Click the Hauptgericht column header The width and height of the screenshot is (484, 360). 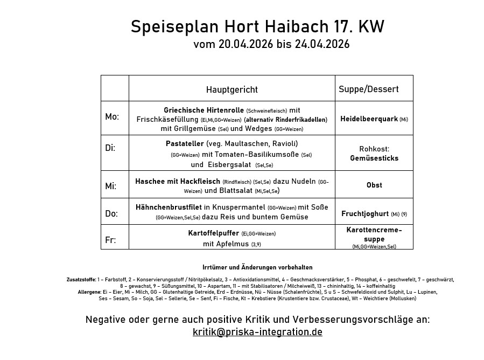tap(232, 89)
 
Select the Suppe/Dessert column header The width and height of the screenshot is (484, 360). tap(368, 89)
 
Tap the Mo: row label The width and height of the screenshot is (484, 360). tap(112, 117)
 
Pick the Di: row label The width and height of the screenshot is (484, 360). tap(110, 148)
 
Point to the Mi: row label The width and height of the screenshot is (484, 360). tap(111, 186)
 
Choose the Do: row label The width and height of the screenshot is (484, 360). tap(111, 214)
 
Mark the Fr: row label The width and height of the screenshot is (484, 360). tap(110, 240)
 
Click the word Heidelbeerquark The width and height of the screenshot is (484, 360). tap(369, 119)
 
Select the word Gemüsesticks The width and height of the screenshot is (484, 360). tap(374, 158)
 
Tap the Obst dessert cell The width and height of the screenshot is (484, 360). tap(374, 185)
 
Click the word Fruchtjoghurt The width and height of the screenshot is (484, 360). tap(365, 214)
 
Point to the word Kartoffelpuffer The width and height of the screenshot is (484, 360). tap(213, 233)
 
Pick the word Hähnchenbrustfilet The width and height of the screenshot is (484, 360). tap(169, 207)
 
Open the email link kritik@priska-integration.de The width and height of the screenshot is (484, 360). tap(257, 332)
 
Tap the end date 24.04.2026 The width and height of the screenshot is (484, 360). tap(322, 44)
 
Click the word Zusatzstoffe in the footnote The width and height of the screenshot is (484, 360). tap(81, 280)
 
